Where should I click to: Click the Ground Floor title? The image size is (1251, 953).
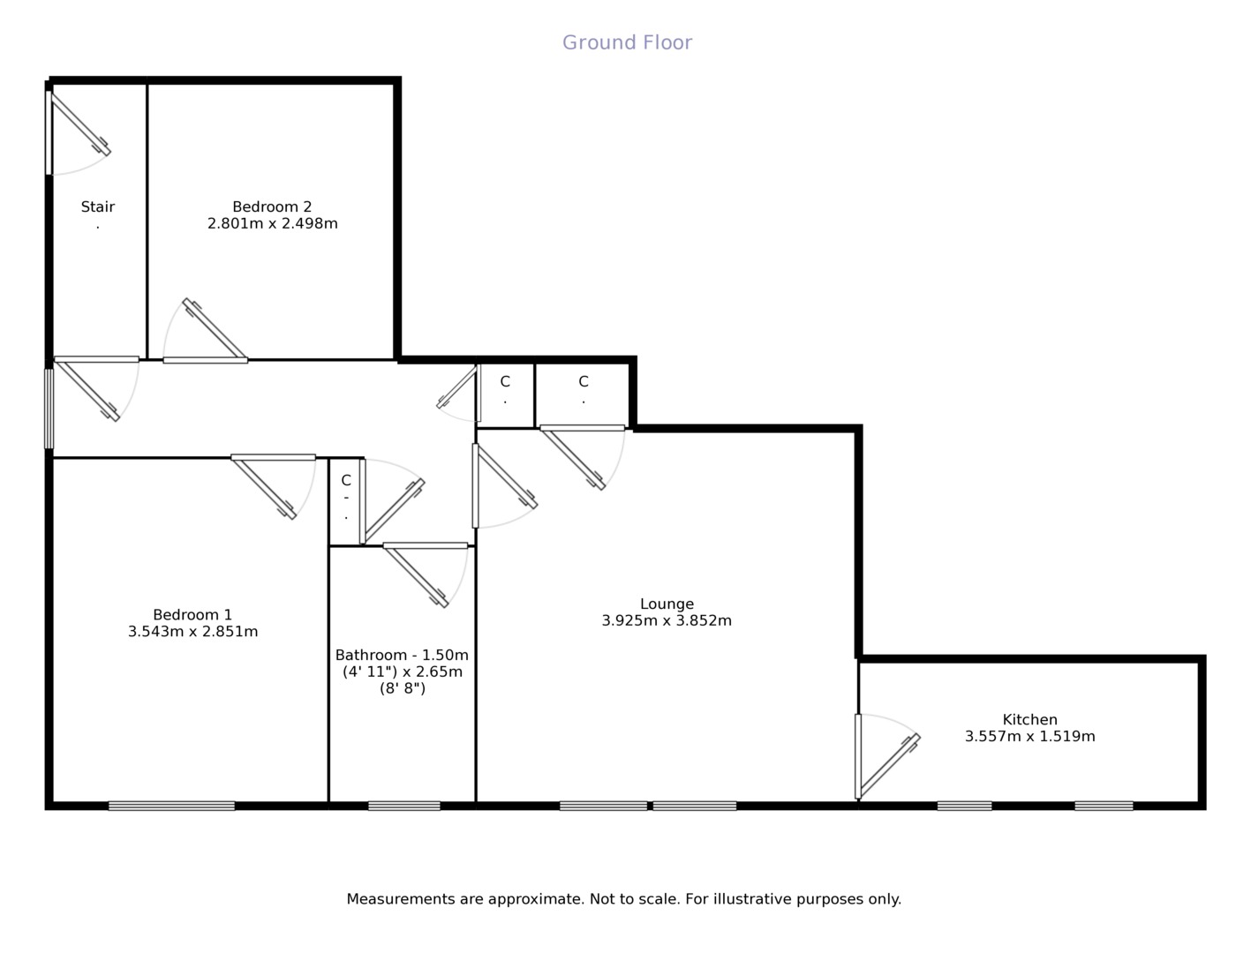coord(627,42)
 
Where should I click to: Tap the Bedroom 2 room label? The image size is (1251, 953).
coord(272,207)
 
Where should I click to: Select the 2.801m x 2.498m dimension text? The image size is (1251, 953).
coord(272,224)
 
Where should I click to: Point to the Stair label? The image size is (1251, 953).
coord(98,207)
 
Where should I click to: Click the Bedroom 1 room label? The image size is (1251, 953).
coord(192,615)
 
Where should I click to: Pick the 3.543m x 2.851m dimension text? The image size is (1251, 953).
coord(192,632)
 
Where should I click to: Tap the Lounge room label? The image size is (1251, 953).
coord(667,604)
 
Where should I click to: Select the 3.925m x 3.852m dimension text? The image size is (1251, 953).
coord(667,621)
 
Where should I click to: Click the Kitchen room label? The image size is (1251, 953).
coord(1029,720)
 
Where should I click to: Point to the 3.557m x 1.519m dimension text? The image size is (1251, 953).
coord(1029,737)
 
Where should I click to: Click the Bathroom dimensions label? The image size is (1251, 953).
coord(402,672)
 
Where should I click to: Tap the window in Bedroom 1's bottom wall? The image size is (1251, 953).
coord(171,806)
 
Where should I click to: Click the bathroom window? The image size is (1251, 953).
coord(403,806)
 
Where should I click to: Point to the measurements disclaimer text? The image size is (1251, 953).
coord(623,899)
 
